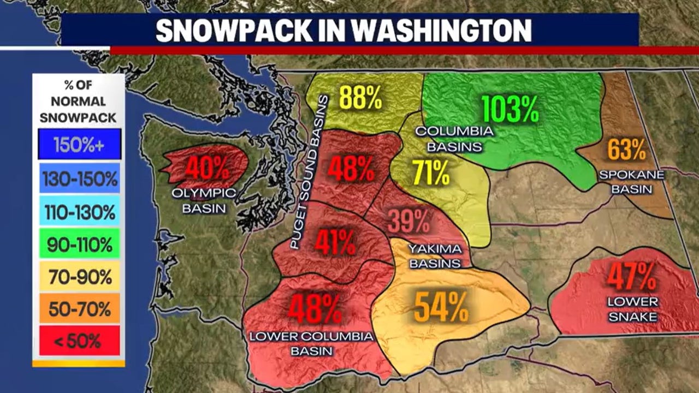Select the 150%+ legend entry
coord(79,145)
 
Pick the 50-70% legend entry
coord(79,308)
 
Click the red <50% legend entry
coord(79,341)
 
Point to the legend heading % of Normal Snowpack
coord(79,101)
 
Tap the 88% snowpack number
coord(360,98)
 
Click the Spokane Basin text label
coord(631,182)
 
